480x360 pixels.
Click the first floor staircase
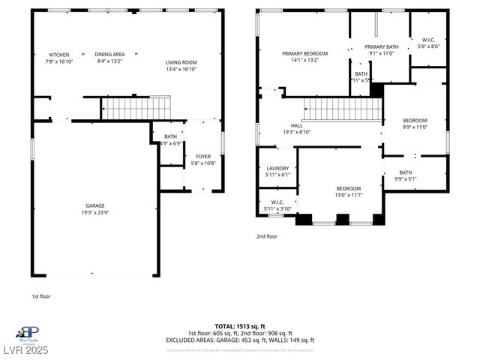click(136, 108)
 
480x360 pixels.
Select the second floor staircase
click(343, 110)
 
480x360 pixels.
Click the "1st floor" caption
click(41, 296)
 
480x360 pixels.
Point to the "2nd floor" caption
click(267, 236)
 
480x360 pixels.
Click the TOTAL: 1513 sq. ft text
click(240, 327)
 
